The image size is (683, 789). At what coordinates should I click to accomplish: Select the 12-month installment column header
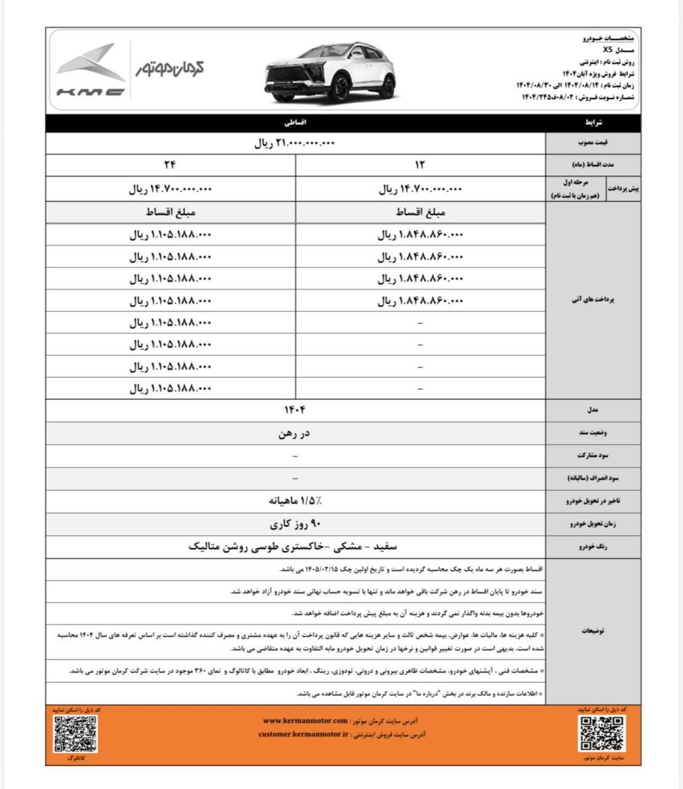420,165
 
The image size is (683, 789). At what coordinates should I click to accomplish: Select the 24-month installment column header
170,165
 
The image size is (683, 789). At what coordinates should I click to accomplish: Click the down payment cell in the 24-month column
170,189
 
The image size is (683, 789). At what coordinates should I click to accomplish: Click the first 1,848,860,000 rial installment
420,234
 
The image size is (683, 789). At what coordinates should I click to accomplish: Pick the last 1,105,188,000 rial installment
170,388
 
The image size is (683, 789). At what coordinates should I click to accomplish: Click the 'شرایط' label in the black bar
594,123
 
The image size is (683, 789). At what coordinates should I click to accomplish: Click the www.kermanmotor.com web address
305,721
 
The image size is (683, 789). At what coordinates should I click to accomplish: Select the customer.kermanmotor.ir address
303,734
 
